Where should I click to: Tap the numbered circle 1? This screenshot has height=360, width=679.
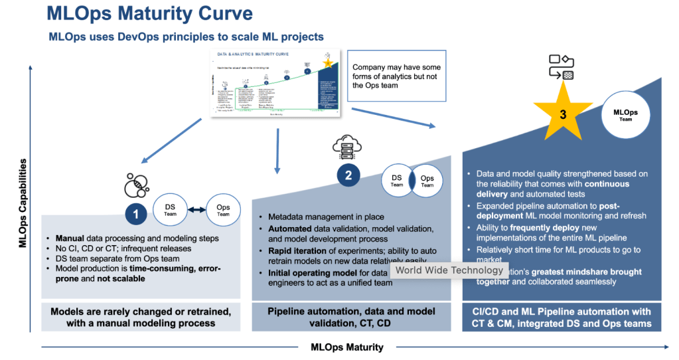136,214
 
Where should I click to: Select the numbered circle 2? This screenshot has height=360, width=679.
348,175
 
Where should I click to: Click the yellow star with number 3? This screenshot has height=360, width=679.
563,114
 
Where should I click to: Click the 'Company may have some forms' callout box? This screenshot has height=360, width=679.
396,76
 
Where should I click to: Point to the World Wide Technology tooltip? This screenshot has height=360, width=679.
449,270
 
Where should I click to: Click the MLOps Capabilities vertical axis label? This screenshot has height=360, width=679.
23,203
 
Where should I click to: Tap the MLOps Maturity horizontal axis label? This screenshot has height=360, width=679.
346,347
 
